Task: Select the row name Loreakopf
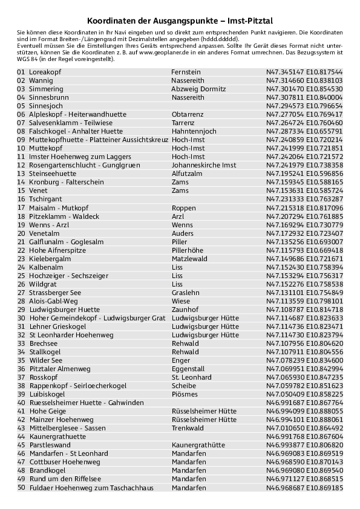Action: pos(45,72)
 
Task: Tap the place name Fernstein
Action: pos(186,72)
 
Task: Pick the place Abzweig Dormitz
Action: pos(198,89)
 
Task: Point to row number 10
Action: pos(21,148)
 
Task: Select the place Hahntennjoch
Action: pos(194,131)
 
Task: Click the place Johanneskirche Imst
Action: pos(204,165)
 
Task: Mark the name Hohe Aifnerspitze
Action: pos(57,250)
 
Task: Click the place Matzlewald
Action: pos(189,258)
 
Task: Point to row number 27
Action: pos(21,292)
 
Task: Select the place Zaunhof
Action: pos(185,309)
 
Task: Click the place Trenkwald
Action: pos(188,427)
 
